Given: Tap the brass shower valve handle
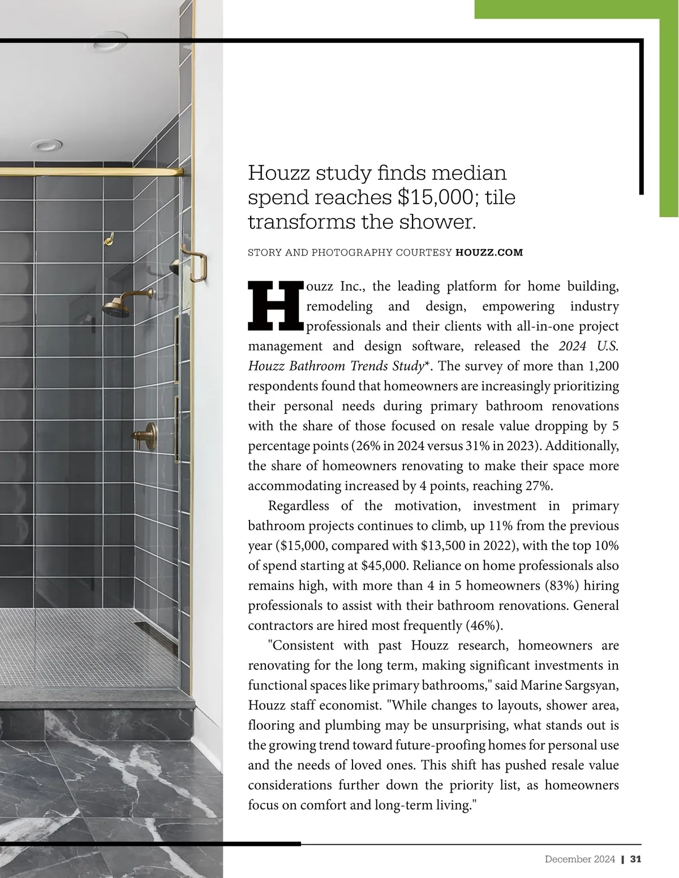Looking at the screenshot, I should click(143, 435).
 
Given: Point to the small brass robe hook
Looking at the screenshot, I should click(108, 240).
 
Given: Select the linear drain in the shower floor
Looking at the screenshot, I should click(149, 632).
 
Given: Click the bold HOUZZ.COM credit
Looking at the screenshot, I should click(489, 252).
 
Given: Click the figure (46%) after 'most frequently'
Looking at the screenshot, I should click(484, 625).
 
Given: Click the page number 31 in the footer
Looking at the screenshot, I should click(635, 859).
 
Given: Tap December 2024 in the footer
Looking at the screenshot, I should click(579, 859).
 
